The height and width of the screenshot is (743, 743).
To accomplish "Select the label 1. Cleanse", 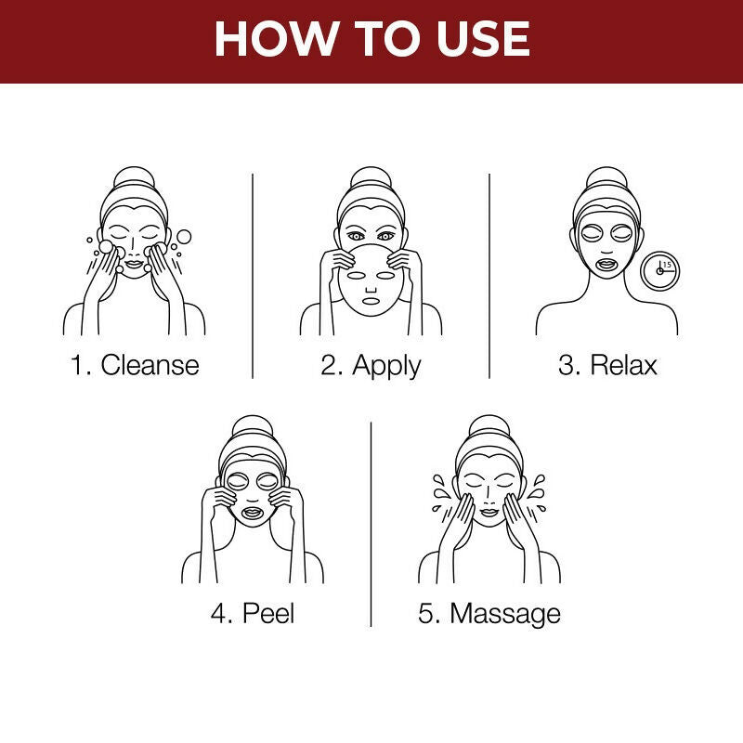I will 135,364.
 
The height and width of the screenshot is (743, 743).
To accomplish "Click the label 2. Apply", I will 371,364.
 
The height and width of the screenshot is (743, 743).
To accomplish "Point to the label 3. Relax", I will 607,364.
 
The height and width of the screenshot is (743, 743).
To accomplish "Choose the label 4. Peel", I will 252,613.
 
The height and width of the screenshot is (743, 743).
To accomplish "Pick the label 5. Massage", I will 489,613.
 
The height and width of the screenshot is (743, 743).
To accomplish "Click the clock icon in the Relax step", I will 660,270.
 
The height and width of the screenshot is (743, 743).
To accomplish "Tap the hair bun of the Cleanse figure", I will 134,177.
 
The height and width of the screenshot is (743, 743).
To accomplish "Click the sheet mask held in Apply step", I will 371,283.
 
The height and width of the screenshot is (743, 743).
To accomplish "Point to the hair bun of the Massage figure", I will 489,426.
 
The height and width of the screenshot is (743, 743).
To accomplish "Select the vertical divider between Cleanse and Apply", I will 253,275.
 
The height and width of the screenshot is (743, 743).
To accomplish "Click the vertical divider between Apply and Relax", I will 489,275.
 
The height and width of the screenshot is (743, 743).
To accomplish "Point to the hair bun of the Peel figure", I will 252,426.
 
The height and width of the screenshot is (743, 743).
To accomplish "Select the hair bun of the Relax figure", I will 606,177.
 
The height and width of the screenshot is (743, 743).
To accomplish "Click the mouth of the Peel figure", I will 252,511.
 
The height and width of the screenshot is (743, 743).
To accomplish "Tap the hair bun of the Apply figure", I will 371,177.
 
